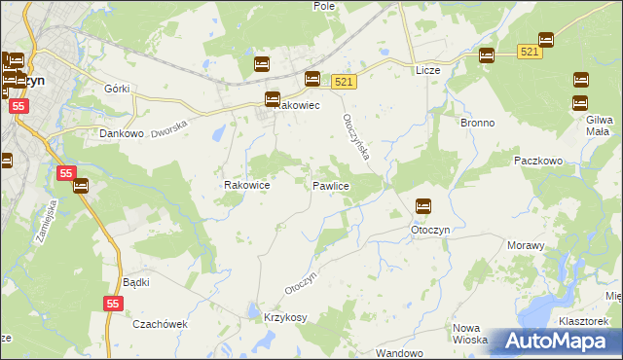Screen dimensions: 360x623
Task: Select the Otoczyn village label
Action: pyautogui.click(x=428, y=230)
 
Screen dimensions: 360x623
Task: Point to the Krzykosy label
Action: pyautogui.click(x=285, y=318)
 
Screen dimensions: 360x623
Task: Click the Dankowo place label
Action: pyautogui.click(x=122, y=134)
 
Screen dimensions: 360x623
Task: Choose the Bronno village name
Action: pyautogui.click(x=477, y=124)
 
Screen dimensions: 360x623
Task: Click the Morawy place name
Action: pyautogui.click(x=526, y=245)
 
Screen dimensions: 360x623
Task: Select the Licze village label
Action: pyautogui.click(x=428, y=71)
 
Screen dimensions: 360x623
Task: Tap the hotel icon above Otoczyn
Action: pyautogui.click(x=423, y=206)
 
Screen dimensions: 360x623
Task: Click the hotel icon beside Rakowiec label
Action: pyautogui.click(x=273, y=98)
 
